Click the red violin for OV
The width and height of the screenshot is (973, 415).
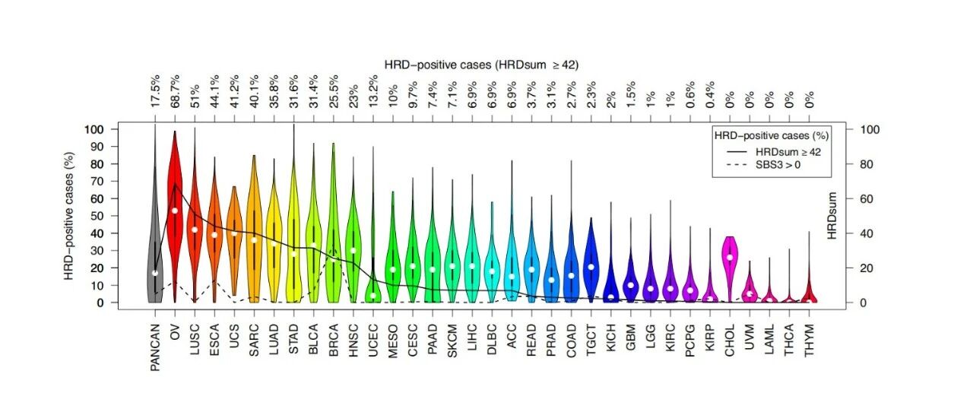point(175,228)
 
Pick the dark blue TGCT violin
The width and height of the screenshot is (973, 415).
point(591,262)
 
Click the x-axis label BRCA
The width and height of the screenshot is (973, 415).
point(333,343)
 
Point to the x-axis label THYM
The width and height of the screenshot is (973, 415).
point(810,343)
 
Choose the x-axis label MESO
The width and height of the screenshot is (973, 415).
point(393,343)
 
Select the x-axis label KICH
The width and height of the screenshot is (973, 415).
point(611,341)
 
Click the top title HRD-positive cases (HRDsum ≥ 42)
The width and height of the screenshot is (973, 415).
point(482,65)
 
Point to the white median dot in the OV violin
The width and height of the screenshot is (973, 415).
point(175,211)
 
